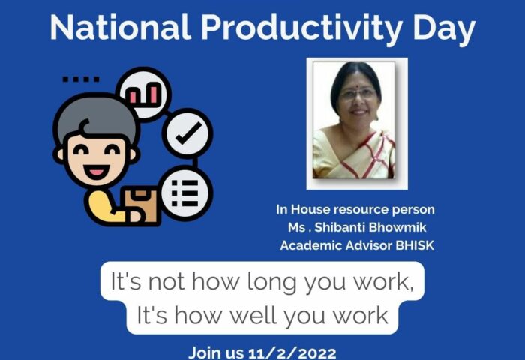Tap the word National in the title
(121, 27)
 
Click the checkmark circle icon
(187, 133)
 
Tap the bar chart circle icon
(144, 94)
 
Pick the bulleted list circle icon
(185, 193)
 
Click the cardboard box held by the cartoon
(142, 205)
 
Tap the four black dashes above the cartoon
(81, 79)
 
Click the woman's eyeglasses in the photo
(358, 94)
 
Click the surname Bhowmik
(397, 227)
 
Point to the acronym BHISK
(415, 245)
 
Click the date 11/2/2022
(292, 353)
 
